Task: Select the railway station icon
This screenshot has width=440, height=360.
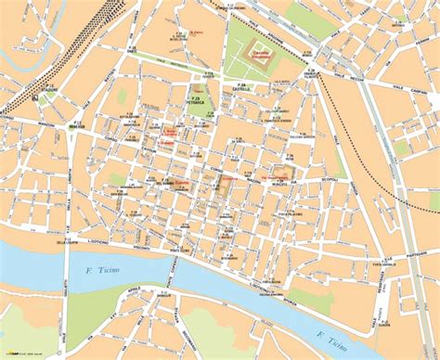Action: [x=33, y=96]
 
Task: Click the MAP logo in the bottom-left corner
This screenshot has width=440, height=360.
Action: [x=16, y=354]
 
